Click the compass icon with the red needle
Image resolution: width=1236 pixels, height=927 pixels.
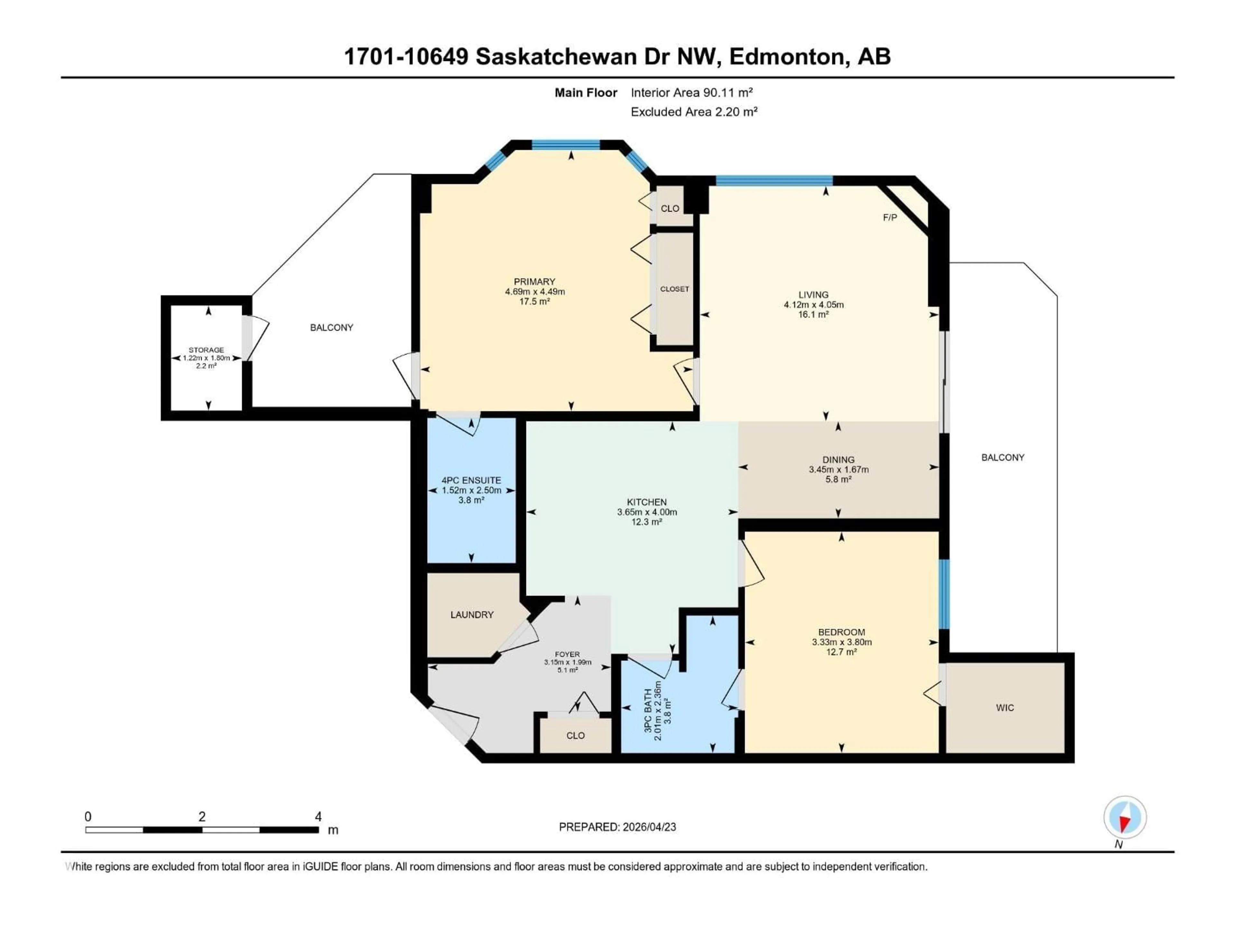click(x=1125, y=818)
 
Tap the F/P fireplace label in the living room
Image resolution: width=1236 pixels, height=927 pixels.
click(x=890, y=217)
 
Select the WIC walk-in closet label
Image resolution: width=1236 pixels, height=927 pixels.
click(x=1005, y=708)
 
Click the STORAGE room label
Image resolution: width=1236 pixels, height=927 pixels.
click(x=206, y=350)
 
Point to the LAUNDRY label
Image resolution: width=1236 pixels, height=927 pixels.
click(x=472, y=615)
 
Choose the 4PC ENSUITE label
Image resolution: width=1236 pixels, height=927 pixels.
click(x=471, y=480)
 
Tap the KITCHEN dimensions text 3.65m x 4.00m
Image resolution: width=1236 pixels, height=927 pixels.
click(x=647, y=512)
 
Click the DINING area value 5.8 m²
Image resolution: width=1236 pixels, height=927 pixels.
click(x=838, y=479)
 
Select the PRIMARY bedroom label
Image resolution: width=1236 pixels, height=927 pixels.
click(x=535, y=282)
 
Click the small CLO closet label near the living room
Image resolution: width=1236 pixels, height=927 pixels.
click(x=669, y=209)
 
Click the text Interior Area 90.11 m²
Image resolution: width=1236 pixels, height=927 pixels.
click(x=692, y=93)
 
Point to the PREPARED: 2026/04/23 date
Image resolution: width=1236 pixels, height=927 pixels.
click(x=617, y=827)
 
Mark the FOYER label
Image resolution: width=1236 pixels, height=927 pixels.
click(x=567, y=654)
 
